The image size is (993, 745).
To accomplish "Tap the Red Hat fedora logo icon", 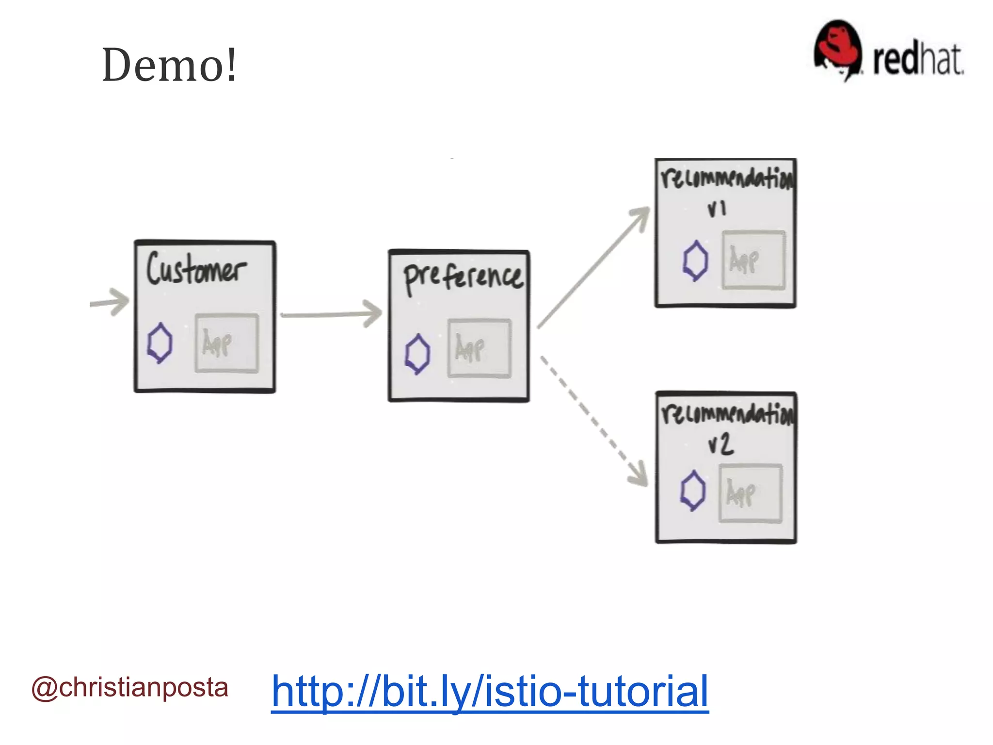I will [x=837, y=50].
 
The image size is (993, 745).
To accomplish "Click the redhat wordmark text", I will [x=917, y=60].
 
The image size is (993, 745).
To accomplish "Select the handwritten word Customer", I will [x=196, y=268].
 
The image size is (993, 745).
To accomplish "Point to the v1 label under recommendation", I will [x=717, y=209].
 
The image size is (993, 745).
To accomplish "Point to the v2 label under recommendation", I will [x=721, y=444].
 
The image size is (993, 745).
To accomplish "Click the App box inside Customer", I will [x=226, y=343].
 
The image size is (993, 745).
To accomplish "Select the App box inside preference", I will [x=479, y=348].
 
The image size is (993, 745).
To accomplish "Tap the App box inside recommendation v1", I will [x=753, y=260].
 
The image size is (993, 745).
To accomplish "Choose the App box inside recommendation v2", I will [x=750, y=493].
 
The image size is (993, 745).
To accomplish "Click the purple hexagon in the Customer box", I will [x=160, y=343].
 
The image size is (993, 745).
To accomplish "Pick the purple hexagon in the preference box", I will [x=417, y=354].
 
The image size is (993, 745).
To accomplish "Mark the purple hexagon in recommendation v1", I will [x=695, y=260].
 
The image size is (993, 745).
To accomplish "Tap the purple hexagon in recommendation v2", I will [x=692, y=490].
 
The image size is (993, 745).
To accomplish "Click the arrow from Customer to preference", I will [x=331, y=315].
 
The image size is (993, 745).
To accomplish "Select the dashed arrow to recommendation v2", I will [x=593, y=420].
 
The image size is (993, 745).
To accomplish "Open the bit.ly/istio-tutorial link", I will [x=490, y=691].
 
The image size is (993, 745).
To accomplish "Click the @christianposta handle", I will [x=129, y=688].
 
